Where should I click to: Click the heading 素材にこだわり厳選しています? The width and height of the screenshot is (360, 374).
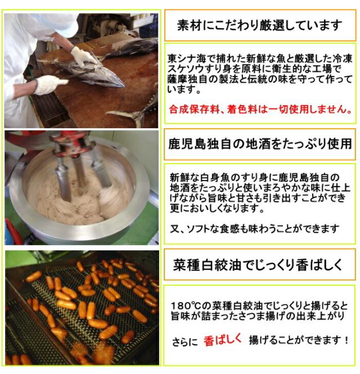point(259,25)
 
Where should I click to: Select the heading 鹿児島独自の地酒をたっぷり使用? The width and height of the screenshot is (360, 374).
point(259,144)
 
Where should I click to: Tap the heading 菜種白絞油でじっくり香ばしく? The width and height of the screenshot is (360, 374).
point(259,264)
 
